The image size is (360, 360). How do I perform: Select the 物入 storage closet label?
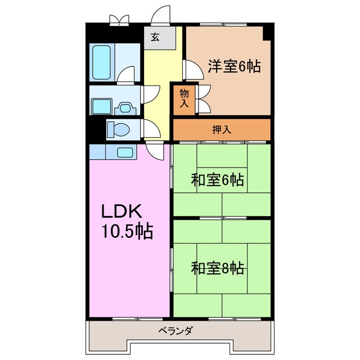click(x=184, y=98)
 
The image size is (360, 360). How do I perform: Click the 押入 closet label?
click(x=221, y=129)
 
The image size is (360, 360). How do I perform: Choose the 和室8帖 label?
click(x=217, y=268)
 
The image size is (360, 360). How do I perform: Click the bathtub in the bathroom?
click(x=103, y=62)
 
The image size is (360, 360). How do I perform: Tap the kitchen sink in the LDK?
click(x=124, y=152)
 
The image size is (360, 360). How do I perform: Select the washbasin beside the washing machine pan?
click(x=124, y=106)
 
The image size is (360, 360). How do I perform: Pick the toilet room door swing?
click(x=149, y=128)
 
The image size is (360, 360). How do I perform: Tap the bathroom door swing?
click(x=127, y=74)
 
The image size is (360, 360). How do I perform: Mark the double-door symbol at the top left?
click(x=119, y=20)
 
